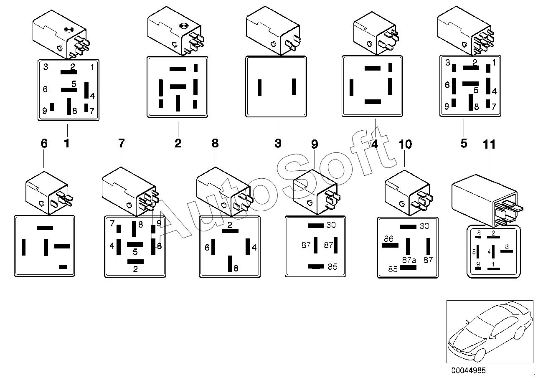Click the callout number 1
[x=66, y=144]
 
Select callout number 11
[x=489, y=144]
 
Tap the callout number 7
[x=121, y=144]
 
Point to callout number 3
[x=278, y=144]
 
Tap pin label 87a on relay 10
[x=409, y=260]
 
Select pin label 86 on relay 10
[x=388, y=239]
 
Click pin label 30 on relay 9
[x=331, y=225]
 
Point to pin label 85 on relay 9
[x=332, y=267]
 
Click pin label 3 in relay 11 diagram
[x=507, y=247]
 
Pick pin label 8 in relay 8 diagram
[x=236, y=269]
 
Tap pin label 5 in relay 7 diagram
[x=135, y=252]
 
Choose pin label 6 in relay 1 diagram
[x=45, y=89]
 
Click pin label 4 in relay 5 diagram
[x=494, y=91]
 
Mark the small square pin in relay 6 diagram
[x=63, y=266]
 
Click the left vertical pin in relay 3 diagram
[x=259, y=87]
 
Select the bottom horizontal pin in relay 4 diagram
[x=373, y=101]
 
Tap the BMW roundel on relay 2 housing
[x=183, y=26]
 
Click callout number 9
[x=315, y=144]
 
